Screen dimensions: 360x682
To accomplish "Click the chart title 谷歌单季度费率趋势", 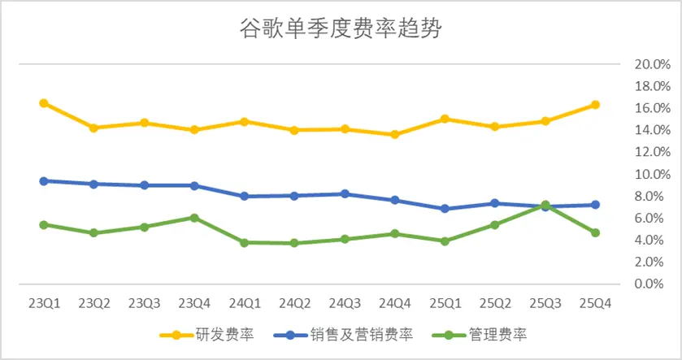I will (x=341, y=30).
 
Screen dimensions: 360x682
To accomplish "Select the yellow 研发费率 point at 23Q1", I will (x=43, y=103).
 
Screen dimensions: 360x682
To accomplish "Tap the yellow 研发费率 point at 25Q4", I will (x=595, y=105).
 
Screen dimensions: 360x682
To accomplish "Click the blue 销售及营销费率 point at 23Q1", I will (x=43, y=181).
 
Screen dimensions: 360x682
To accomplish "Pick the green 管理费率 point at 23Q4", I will (x=194, y=218).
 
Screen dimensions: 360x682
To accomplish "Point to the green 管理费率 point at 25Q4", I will (x=595, y=232).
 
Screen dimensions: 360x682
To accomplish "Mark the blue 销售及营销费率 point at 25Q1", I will (x=445, y=209).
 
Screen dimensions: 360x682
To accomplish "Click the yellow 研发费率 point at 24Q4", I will (x=394, y=134).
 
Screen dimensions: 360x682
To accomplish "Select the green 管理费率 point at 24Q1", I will (x=244, y=242).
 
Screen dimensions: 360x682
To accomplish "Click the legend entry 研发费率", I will (x=216, y=334).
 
